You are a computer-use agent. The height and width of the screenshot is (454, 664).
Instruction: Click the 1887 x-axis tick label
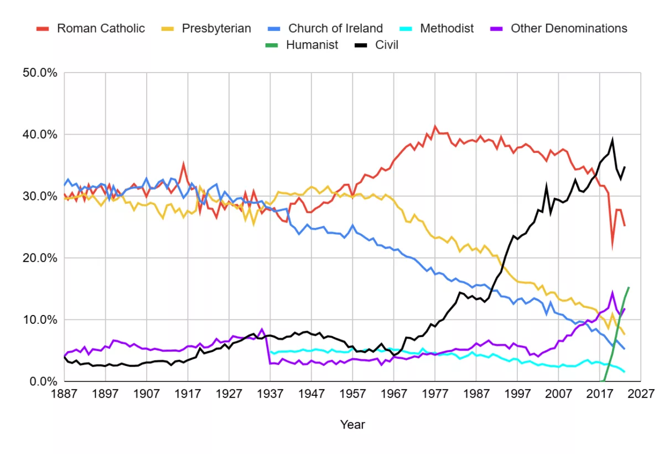tap(64, 393)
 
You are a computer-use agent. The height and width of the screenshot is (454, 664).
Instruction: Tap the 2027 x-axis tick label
tap(640, 393)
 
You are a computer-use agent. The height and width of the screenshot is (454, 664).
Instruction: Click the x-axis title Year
tap(352, 425)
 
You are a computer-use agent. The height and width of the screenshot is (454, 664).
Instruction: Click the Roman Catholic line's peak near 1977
tap(435, 126)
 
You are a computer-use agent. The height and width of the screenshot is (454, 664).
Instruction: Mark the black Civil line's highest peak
tap(612, 140)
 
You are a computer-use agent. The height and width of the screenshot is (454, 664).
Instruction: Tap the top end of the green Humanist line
tap(629, 287)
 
